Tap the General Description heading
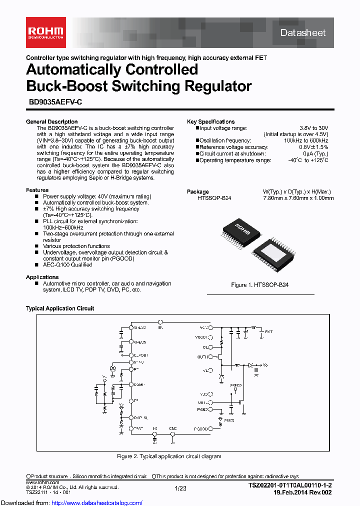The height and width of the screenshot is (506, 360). (51, 121)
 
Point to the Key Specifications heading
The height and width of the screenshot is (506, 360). (210, 121)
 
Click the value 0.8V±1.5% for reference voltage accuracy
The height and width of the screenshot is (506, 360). (313, 147)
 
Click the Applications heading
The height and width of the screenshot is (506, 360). (42, 277)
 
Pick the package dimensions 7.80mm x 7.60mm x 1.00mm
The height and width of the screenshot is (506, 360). (298, 198)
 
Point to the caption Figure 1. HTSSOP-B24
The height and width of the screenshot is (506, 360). (259, 284)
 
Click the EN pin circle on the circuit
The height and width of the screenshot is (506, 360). (160, 322)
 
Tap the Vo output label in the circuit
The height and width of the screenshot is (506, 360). (265, 365)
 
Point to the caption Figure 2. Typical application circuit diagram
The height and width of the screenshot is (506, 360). (169, 456)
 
